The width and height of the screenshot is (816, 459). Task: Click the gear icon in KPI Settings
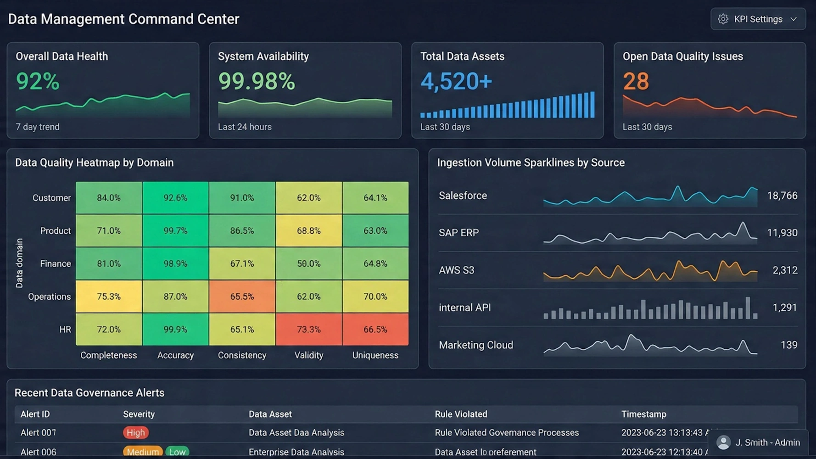point(723,19)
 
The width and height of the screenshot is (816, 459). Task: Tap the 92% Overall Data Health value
point(38,82)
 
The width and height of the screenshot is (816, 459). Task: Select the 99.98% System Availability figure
point(256,82)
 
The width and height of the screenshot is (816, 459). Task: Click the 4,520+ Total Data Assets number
point(456,82)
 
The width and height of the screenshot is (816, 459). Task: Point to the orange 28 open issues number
point(636,82)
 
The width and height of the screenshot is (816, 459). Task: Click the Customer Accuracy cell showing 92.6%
point(175,198)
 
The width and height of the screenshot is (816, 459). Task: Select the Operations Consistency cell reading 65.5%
point(242,297)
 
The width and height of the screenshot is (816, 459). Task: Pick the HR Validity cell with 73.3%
point(308,330)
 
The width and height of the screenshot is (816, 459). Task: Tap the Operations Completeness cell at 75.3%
point(109,297)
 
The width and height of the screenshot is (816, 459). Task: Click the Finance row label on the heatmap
point(56,264)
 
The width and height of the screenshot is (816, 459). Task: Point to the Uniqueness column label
point(375,355)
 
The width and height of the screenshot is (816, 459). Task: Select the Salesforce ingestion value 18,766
point(782,196)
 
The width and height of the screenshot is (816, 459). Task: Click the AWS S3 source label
point(456,270)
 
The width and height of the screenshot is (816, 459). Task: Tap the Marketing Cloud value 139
point(788,345)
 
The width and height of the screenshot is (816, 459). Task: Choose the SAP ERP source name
point(458,233)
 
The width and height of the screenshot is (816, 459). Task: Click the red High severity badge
point(135,433)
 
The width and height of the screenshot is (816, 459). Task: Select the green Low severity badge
point(177,452)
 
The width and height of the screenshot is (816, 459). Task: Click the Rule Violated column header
point(461,414)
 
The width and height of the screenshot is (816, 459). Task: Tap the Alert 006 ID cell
point(39,452)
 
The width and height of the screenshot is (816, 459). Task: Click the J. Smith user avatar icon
point(723,442)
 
